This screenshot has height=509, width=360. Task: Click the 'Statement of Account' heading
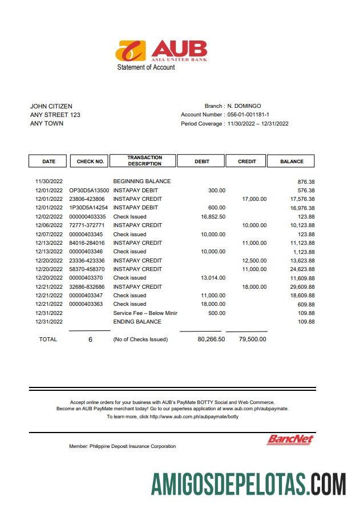(146, 67)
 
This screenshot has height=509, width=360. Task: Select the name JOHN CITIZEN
(51, 106)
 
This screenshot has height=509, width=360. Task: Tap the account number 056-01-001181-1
(248, 115)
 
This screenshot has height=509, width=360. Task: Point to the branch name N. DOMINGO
(244, 106)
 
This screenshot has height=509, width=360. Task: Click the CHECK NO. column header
(90, 161)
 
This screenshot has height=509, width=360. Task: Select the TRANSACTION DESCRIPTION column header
(144, 161)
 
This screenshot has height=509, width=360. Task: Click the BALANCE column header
(292, 161)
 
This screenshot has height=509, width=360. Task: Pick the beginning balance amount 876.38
(306, 181)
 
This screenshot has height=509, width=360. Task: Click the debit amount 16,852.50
(213, 217)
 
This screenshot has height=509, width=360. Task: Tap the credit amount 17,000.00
(254, 199)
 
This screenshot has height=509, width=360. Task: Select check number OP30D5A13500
(89, 191)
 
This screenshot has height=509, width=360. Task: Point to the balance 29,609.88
(302, 287)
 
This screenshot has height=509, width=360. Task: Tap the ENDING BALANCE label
(137, 322)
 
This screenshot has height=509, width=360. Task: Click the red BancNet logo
(290, 439)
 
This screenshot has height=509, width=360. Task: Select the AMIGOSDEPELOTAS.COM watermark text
(248, 484)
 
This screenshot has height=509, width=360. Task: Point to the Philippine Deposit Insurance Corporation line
(122, 446)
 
